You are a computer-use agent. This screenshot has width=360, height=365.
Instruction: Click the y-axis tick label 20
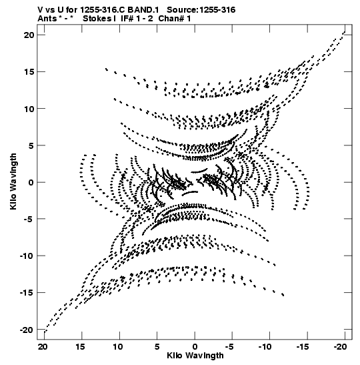29,35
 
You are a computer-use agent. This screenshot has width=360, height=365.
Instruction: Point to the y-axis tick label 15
29,72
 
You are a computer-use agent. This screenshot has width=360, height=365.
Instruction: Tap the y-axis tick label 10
29,109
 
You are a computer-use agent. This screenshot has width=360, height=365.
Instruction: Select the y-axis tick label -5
29,219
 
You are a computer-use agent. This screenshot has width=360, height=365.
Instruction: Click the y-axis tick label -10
27,256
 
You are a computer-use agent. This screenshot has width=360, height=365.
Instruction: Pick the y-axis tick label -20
27,330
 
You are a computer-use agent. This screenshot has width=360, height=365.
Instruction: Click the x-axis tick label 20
43,347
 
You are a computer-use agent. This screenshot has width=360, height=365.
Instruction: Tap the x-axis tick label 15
80,347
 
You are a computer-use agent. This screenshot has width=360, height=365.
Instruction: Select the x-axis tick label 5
157,347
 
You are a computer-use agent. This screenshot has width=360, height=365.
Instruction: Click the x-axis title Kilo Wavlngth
195,356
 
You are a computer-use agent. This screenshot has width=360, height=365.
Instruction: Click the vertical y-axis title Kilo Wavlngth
13,181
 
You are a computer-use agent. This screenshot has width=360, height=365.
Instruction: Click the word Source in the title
181,10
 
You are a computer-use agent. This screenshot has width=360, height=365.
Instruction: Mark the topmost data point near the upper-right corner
345,32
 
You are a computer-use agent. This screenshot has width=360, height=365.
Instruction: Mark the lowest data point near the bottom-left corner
45,332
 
